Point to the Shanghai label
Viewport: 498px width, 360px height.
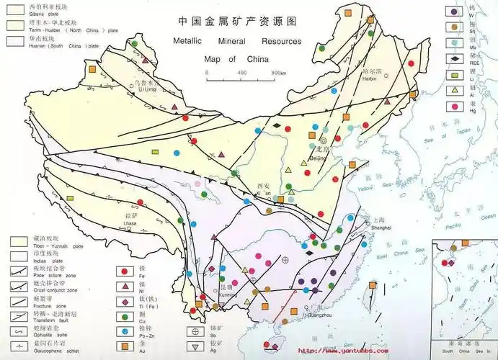pyautogui.click(x=381, y=222)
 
